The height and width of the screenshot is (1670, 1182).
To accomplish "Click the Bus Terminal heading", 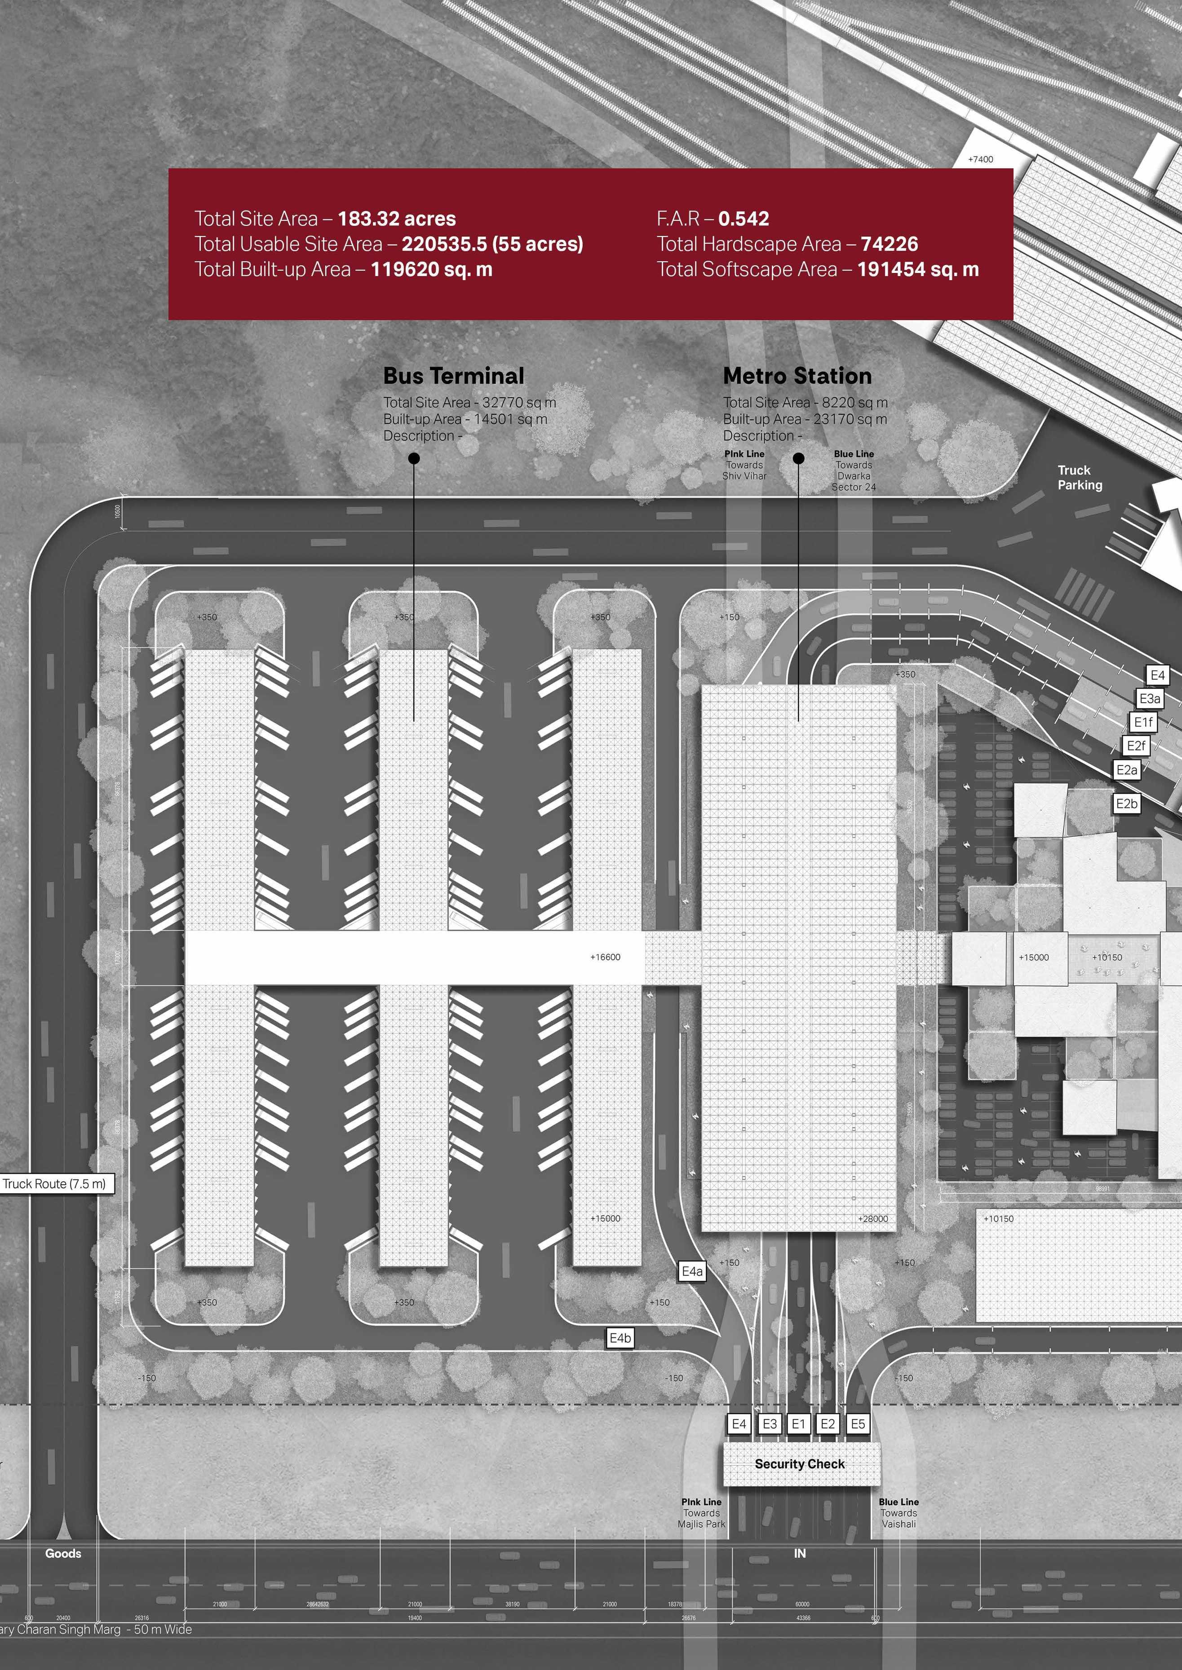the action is tap(453, 376).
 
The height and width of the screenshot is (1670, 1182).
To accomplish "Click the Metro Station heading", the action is tap(797, 376).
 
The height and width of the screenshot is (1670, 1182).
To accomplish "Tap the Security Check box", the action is tap(800, 1463).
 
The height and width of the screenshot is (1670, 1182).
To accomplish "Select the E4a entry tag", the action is tap(692, 1271).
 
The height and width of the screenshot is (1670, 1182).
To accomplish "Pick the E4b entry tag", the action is tap(620, 1338).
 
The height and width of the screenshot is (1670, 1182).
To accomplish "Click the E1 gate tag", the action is tap(798, 1424).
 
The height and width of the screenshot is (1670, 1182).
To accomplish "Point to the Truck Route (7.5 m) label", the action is tap(55, 1183).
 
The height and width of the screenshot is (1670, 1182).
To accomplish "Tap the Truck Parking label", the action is tap(1080, 478).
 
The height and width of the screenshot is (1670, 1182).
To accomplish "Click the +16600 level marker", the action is tap(605, 957).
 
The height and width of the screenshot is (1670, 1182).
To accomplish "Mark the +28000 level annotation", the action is tap(872, 1218).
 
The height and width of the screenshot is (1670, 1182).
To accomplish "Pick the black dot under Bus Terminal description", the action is tap(414, 458).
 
